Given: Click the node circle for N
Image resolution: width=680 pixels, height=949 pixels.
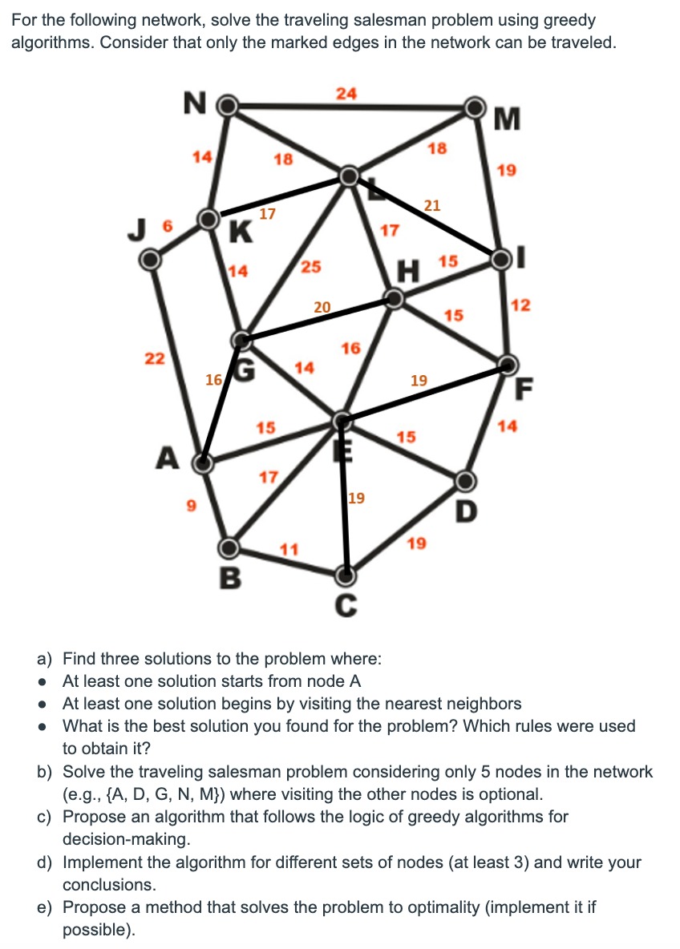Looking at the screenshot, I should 229,105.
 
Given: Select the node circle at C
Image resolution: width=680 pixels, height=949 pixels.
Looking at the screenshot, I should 346,575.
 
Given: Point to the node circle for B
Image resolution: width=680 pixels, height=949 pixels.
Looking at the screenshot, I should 229,547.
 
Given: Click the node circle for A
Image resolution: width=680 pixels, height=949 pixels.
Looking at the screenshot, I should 204,462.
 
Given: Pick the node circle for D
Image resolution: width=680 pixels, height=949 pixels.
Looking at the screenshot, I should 465,481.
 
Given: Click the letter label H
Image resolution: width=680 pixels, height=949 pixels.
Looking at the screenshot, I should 411,272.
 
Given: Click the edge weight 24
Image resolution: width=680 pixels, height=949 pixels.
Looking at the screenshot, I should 346,94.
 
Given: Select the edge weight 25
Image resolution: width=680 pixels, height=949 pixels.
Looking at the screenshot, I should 311,267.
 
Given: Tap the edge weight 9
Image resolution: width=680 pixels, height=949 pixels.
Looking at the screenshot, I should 190,507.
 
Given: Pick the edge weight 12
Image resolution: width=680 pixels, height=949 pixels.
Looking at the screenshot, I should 520,305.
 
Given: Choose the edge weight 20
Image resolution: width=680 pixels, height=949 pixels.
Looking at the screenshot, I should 322,306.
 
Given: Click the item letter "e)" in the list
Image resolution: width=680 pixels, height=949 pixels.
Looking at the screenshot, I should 46,907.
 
